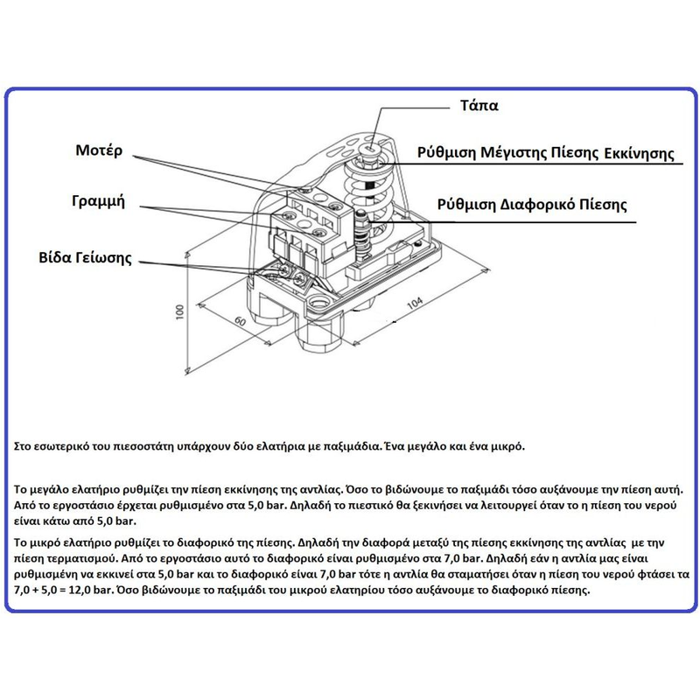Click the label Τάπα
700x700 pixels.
(x=479, y=106)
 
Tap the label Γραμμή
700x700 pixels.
(x=98, y=201)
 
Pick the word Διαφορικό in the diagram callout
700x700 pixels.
(x=542, y=206)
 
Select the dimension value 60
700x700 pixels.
(x=236, y=321)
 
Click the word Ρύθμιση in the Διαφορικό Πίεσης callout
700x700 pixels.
(x=468, y=206)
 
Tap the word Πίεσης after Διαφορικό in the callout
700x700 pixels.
(x=605, y=206)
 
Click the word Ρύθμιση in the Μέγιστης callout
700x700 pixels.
(x=447, y=155)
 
